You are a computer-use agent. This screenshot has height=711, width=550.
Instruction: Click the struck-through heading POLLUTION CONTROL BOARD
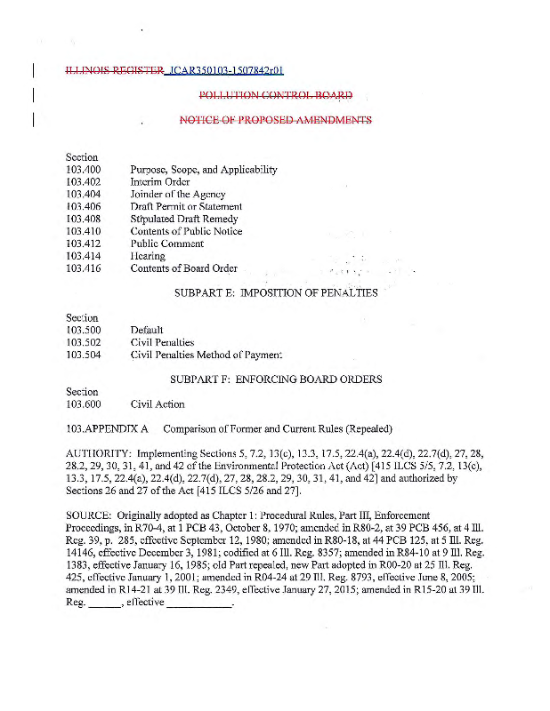click(x=275, y=95)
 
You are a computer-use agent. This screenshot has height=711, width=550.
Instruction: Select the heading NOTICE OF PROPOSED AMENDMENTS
click(x=275, y=120)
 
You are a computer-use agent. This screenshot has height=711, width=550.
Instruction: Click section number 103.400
click(x=84, y=170)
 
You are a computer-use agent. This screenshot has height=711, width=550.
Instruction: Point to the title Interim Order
click(x=160, y=182)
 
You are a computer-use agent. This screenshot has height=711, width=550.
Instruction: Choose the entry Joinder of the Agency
click(x=178, y=195)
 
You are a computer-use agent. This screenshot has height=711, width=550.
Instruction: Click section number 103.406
click(x=84, y=207)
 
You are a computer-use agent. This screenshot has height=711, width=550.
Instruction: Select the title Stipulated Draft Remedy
click(x=184, y=220)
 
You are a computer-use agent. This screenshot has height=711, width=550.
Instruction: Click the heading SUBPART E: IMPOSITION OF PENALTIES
click(x=276, y=293)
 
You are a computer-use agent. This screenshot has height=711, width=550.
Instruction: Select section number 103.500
click(x=84, y=331)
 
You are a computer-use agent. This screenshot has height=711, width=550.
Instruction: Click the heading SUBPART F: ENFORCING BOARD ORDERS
click(x=276, y=379)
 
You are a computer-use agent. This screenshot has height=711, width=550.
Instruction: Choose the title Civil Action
click(x=158, y=404)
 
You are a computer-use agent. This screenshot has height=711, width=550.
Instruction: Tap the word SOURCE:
click(x=89, y=515)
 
